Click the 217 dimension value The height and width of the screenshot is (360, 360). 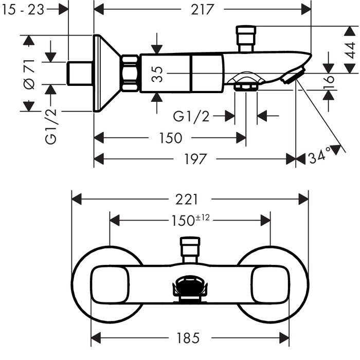(x=202, y=9)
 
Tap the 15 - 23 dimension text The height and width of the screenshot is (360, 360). (x=23, y=10)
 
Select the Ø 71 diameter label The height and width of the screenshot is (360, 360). (x=29, y=74)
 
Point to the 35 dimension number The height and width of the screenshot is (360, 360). (x=157, y=74)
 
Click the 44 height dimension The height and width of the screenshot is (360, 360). (x=350, y=50)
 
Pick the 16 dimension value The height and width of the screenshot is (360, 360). (x=329, y=82)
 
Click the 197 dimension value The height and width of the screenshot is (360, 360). (x=195, y=159)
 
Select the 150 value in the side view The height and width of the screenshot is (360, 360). (x=171, y=138)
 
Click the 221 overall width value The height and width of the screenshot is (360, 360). (x=186, y=200)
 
